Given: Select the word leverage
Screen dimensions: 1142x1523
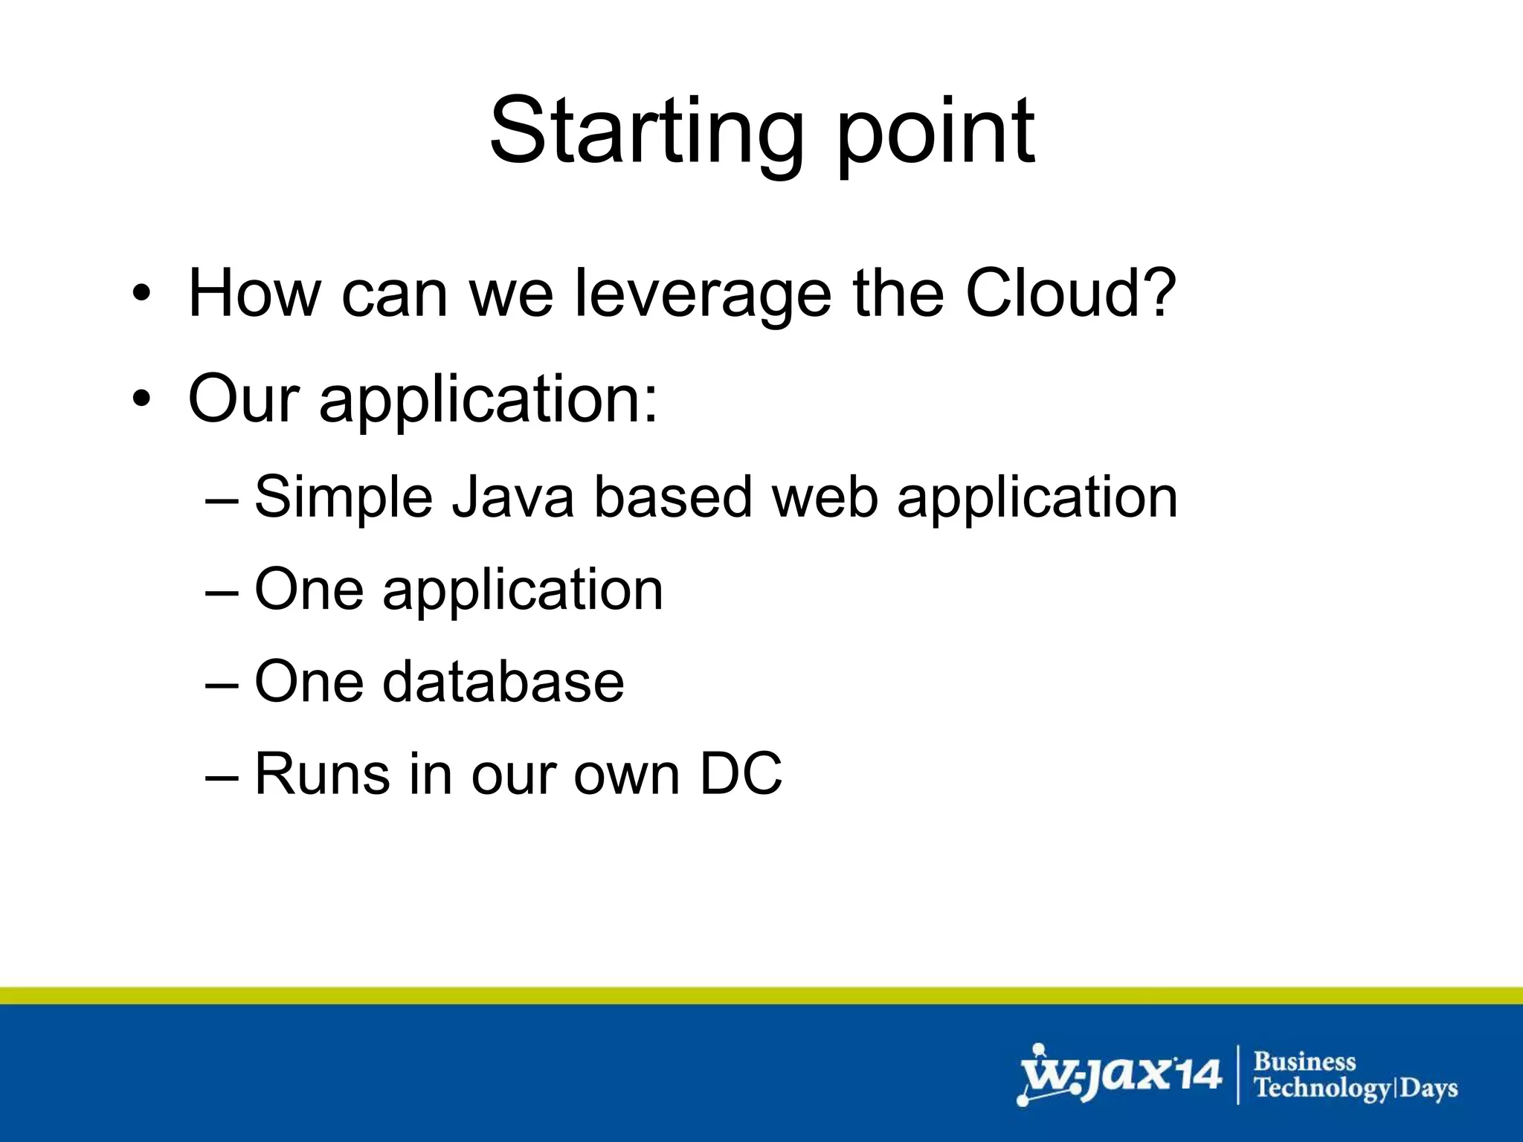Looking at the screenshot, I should [703, 295].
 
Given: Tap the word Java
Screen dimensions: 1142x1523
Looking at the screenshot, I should [513, 497].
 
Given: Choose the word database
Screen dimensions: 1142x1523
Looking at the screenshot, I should [503, 682].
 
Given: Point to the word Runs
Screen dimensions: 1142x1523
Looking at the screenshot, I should [322, 774].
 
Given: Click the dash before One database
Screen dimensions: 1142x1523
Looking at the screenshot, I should [222, 683].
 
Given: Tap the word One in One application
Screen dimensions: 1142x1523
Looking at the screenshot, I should [309, 590].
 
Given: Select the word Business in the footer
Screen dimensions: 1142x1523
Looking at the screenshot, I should [1304, 1061].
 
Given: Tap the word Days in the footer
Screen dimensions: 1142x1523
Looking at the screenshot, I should [1429, 1088].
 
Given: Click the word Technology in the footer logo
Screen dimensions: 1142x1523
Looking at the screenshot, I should [1321, 1088].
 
